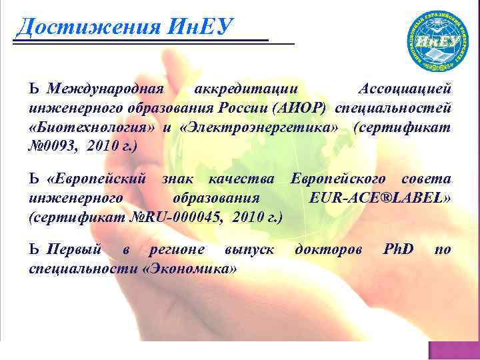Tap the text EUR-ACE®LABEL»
click(381, 198)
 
